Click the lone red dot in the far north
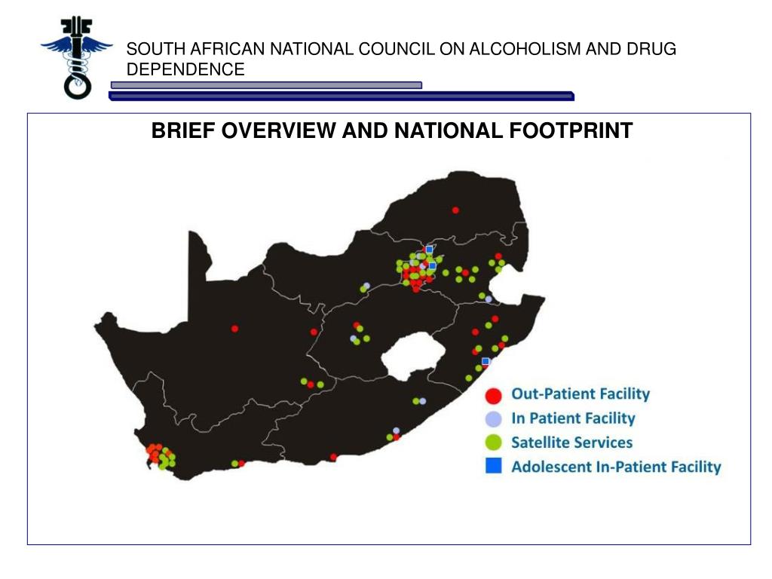[455, 210]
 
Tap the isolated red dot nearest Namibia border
[234, 328]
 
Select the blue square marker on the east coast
[486, 361]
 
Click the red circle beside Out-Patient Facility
[493, 394]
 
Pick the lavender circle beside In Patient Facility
[493, 418]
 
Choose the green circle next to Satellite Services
[493, 443]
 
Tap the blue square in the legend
[493, 467]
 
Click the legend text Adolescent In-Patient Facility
[616, 467]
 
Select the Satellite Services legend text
[571, 443]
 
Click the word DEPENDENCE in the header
[185, 69]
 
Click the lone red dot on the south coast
[333, 456]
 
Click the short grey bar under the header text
[266, 85]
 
